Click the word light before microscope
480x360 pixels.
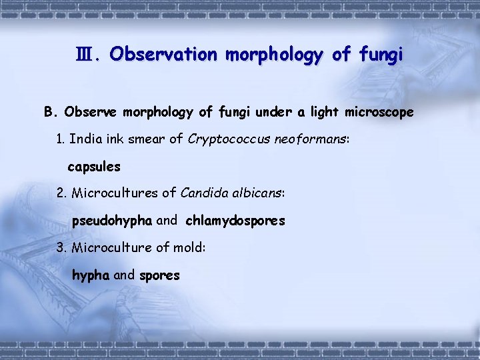325,113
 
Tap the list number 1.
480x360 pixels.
61,139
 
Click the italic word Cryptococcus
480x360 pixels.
229,139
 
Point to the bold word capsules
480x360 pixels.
94,167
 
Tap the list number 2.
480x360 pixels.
62,193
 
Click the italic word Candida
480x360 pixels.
203,193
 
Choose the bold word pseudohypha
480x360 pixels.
112,221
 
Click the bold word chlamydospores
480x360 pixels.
235,221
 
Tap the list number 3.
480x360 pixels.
62,248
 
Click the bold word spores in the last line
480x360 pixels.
159,275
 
